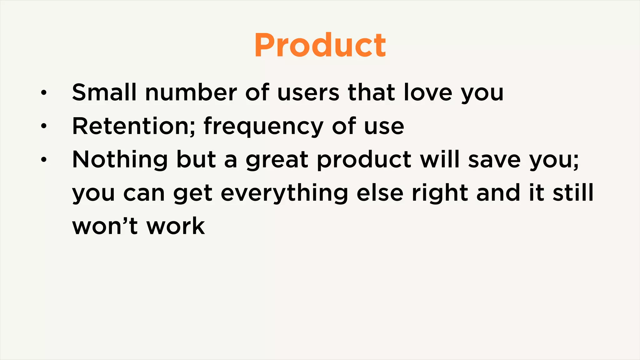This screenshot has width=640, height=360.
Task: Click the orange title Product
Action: coord(320,45)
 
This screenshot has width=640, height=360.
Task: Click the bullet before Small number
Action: coord(44,92)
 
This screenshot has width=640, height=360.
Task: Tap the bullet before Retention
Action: coord(44,126)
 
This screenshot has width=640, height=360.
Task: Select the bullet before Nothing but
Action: coord(44,160)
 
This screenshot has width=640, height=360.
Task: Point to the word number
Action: coord(191,92)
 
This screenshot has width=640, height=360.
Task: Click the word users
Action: coord(308,92)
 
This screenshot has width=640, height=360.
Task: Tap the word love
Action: coord(428,92)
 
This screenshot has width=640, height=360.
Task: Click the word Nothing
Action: coord(120,160)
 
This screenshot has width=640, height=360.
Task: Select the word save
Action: coord(494,160)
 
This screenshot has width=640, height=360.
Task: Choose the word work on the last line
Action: coord(176,226)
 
